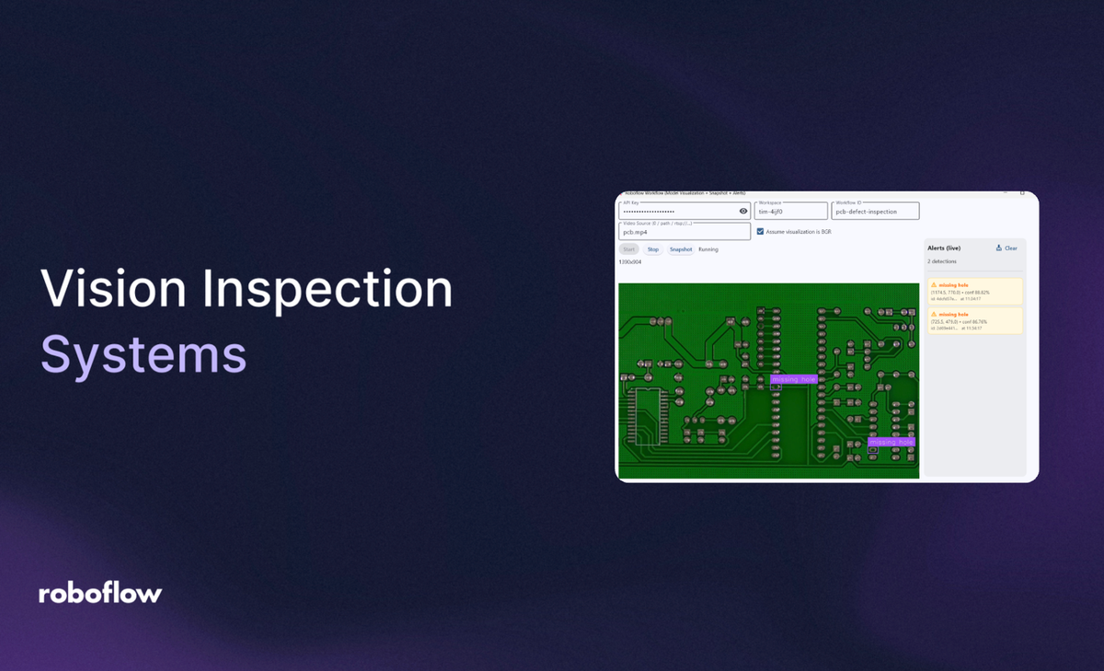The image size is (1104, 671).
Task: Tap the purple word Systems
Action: pos(144,353)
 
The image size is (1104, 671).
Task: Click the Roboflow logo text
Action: pos(100,594)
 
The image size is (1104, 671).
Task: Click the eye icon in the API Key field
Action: pos(743,211)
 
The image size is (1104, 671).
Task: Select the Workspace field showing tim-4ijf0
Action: pos(789,212)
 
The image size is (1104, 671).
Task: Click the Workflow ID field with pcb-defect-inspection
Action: pos(875,212)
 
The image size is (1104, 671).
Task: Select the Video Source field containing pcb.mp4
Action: pos(684,232)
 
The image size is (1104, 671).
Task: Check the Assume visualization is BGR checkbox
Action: pos(760,232)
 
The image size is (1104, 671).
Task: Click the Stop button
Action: pos(653,249)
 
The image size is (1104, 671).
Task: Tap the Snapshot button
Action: pos(681,249)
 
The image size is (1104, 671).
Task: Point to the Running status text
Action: pos(708,249)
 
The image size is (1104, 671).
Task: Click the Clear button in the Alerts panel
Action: pos(1006,249)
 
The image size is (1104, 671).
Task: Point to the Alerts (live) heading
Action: pos(945,249)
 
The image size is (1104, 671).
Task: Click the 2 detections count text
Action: pos(943,262)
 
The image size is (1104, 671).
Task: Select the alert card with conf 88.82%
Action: pos(974,291)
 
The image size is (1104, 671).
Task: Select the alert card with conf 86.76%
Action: pos(974,320)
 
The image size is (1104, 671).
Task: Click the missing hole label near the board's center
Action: pos(793,379)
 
